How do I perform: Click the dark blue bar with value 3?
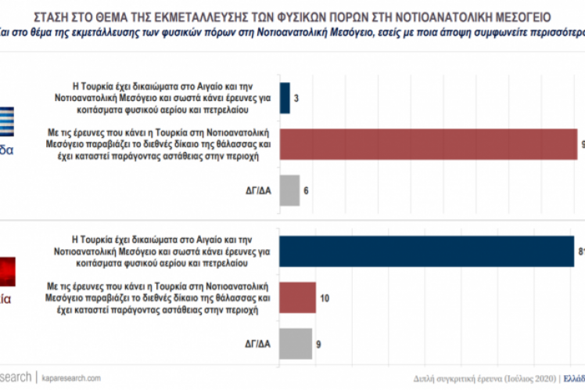(284, 98)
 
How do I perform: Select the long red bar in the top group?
(427, 144)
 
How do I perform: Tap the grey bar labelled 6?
(289, 190)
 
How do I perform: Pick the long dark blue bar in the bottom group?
(426, 251)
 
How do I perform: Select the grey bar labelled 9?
(296, 343)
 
